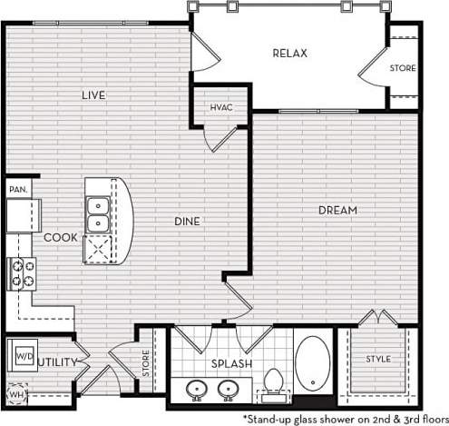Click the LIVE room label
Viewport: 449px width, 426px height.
coord(93,95)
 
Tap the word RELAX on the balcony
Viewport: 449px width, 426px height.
coord(290,54)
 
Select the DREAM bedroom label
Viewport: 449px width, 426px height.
coord(337,211)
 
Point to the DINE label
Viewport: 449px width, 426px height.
coord(187,221)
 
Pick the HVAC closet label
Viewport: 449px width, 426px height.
coord(221,107)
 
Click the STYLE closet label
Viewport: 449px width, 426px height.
coord(378,360)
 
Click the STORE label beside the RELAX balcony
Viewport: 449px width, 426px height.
coord(403,68)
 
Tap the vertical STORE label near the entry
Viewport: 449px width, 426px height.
coord(145,364)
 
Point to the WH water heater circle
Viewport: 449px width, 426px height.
coord(15,395)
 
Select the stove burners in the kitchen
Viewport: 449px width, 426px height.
coord(23,272)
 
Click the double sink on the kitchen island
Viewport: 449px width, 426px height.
coord(98,214)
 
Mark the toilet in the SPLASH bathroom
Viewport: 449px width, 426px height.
coord(272,381)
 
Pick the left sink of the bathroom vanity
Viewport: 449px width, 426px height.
coord(195,390)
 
